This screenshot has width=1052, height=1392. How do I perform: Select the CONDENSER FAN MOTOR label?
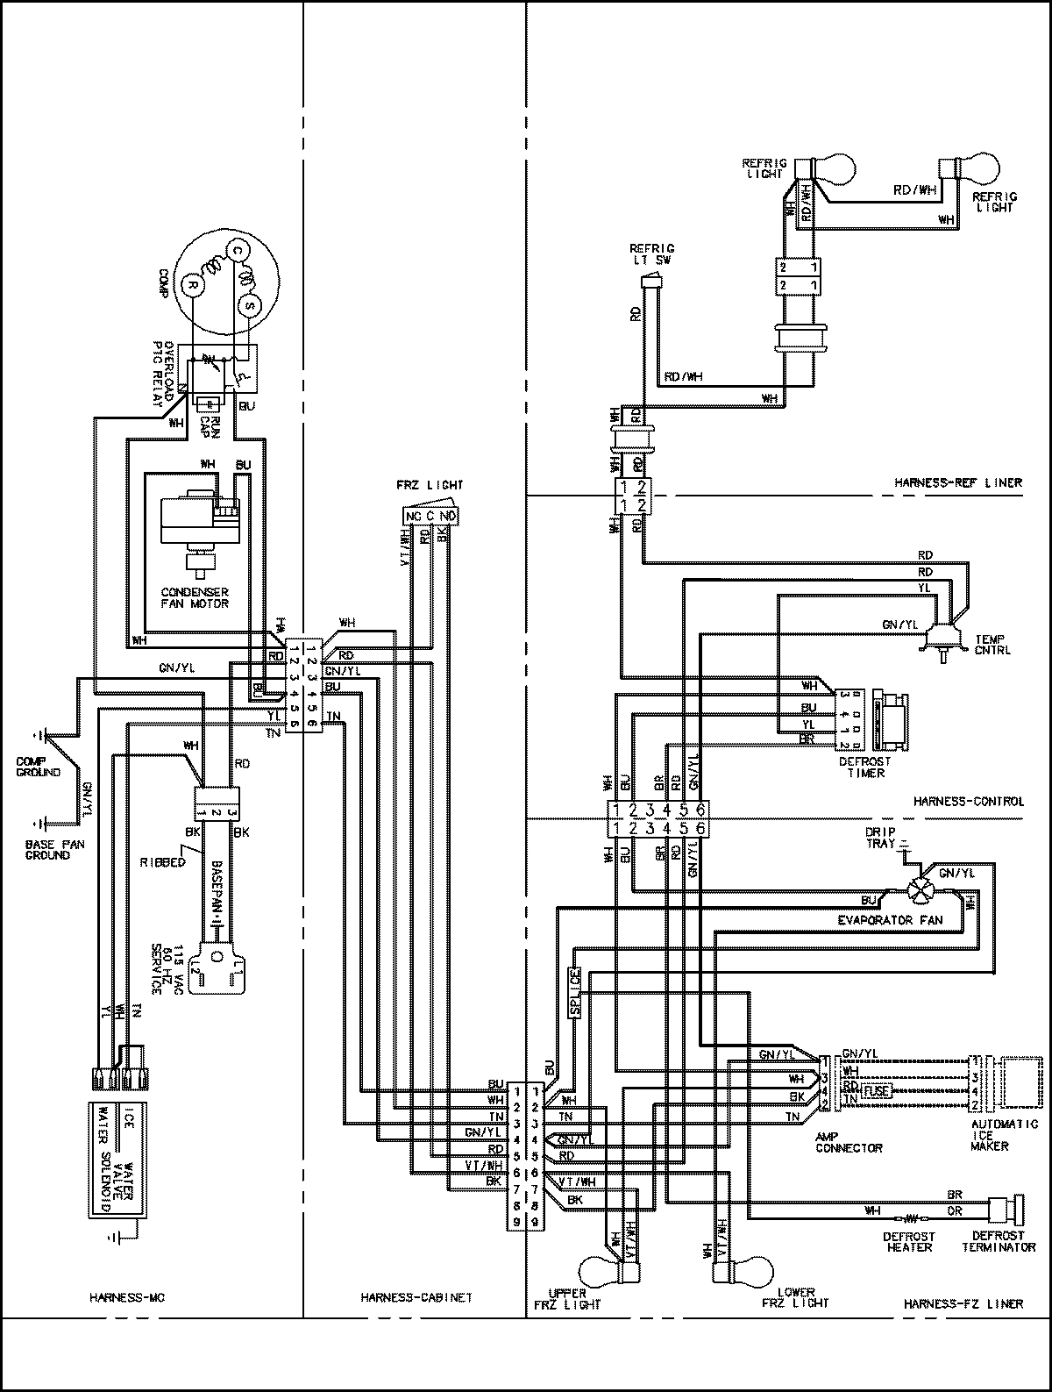pyautogui.click(x=195, y=597)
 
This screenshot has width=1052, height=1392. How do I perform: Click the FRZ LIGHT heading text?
pyautogui.click(x=430, y=484)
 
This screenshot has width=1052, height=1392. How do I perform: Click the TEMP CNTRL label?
pyautogui.click(x=991, y=645)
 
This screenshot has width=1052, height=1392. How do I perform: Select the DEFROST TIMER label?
pyautogui.click(x=864, y=767)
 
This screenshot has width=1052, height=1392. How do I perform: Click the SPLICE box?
pyautogui.click(x=575, y=992)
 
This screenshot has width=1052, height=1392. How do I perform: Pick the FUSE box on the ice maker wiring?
pyautogui.click(x=876, y=1091)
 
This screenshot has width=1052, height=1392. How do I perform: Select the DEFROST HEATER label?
pyautogui.click(x=908, y=1241)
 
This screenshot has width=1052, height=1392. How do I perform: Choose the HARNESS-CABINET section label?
pyautogui.click(x=416, y=1297)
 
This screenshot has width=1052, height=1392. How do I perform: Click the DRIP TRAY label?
pyautogui.click(x=880, y=837)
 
